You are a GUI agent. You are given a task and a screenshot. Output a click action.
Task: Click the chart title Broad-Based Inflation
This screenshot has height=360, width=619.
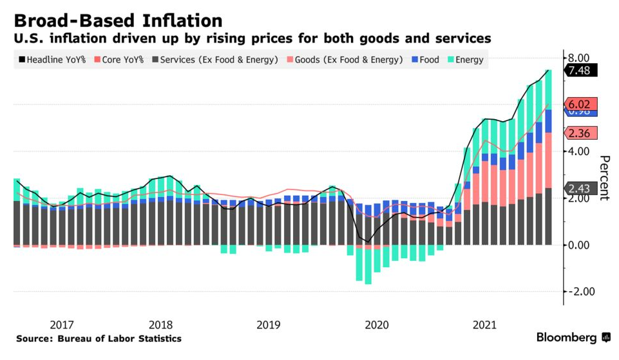click(118, 20)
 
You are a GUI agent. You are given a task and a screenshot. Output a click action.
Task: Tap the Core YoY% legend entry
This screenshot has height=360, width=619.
click(119, 60)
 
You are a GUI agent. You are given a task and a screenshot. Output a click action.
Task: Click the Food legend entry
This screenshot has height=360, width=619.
click(424, 60)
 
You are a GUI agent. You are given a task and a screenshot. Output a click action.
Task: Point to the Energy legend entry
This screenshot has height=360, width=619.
click(464, 60)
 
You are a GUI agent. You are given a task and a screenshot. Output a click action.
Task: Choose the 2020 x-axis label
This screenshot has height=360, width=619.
click(377, 324)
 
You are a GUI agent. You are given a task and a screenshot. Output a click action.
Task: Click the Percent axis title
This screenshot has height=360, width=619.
click(604, 178)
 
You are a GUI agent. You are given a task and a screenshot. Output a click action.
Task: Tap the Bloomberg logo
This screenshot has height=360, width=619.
click(573, 337)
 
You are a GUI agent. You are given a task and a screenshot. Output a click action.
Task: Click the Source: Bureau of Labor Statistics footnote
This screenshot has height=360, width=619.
click(99, 339)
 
